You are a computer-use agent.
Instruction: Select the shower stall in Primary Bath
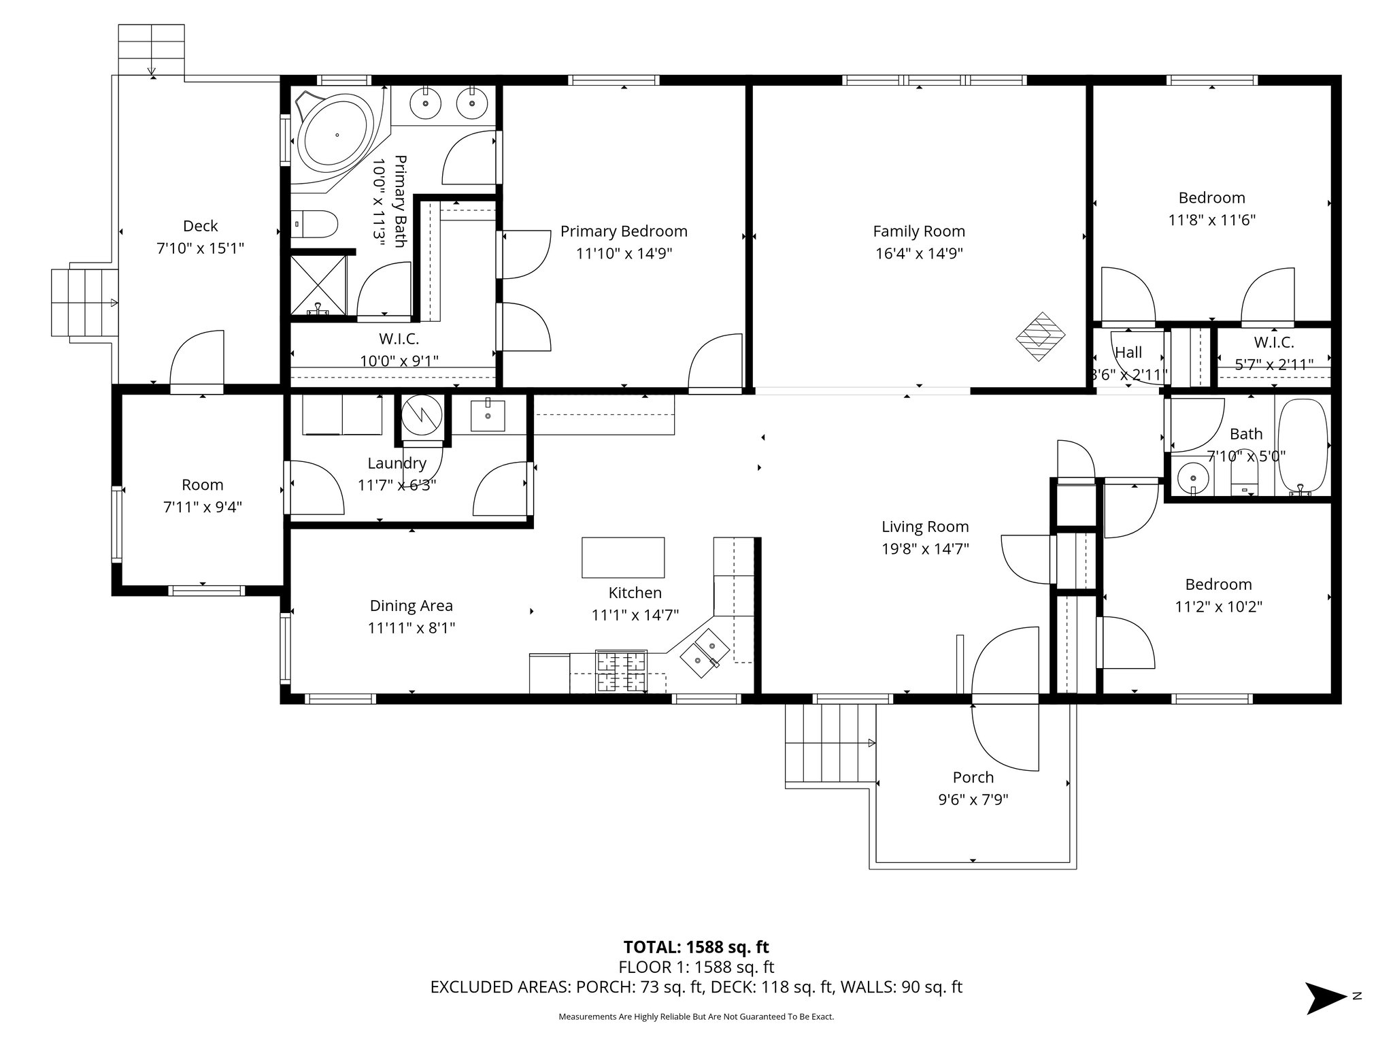[x=318, y=284]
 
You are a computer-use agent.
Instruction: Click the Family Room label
[x=919, y=231]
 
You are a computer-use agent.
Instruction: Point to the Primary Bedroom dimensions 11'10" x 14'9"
[x=624, y=254]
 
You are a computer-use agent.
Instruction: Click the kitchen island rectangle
[x=623, y=557]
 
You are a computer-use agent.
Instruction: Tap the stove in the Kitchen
[x=621, y=671]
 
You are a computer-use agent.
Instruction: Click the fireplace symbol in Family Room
[x=1040, y=336]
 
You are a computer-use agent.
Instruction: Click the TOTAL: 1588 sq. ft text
[x=696, y=947]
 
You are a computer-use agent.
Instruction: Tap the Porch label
[x=973, y=777]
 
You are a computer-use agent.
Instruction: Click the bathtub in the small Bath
[x=1303, y=446]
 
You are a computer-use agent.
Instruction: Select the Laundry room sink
[x=488, y=416]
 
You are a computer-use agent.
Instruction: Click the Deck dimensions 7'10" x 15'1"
[x=200, y=248]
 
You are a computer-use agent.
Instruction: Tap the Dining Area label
[x=411, y=606]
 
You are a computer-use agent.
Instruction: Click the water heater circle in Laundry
[x=422, y=414]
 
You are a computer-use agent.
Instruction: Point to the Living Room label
[x=925, y=527]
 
